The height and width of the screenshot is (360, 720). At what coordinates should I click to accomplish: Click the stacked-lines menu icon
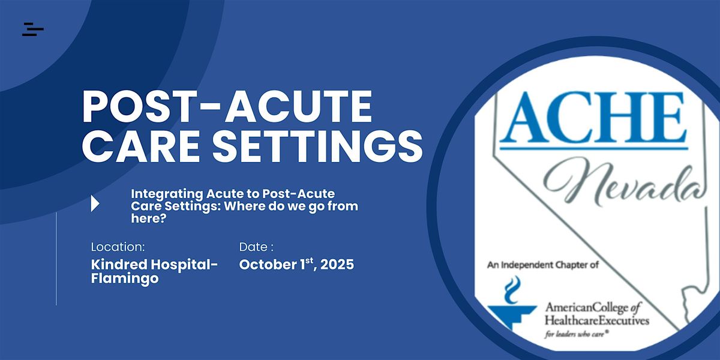(x=33, y=29)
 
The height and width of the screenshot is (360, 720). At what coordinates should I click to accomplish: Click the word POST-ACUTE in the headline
(x=227, y=106)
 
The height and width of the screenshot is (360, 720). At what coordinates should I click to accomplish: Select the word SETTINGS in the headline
(x=317, y=146)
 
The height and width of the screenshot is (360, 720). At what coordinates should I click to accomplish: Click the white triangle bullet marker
(x=95, y=203)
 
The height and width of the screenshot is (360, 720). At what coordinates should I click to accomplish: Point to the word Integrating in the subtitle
(x=167, y=194)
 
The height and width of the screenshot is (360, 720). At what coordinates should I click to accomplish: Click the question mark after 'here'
(x=163, y=218)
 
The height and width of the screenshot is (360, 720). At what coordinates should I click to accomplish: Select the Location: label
(x=118, y=247)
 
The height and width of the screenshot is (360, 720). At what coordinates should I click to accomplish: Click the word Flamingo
(x=125, y=278)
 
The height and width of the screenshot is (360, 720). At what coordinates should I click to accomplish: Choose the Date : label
(x=256, y=247)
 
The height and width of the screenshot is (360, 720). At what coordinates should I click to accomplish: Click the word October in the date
(x=268, y=265)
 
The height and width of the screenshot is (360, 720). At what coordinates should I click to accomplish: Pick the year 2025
(x=337, y=265)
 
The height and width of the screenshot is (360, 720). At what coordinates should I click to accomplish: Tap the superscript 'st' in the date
(x=309, y=260)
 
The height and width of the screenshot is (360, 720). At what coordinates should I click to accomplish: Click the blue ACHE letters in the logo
(x=592, y=117)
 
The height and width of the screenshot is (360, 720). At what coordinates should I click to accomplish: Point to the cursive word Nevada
(x=625, y=184)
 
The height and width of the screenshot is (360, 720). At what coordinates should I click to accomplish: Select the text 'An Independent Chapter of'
(x=543, y=265)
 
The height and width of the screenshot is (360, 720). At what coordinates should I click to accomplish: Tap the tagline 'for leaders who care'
(x=575, y=334)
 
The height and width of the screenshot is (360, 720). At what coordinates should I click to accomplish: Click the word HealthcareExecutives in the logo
(x=597, y=320)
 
